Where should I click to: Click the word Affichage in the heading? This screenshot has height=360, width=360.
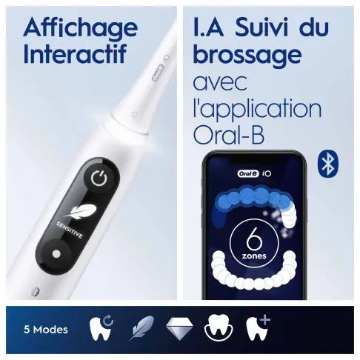pos(80,28)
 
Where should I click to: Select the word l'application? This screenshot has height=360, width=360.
pos(256,108)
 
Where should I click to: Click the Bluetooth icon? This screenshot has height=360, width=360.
pos(327,164)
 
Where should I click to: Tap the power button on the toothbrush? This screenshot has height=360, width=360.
pos(99,178)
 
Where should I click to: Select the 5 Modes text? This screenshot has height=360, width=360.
pos(47,330)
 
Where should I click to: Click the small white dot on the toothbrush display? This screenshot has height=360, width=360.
pos(57,253)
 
